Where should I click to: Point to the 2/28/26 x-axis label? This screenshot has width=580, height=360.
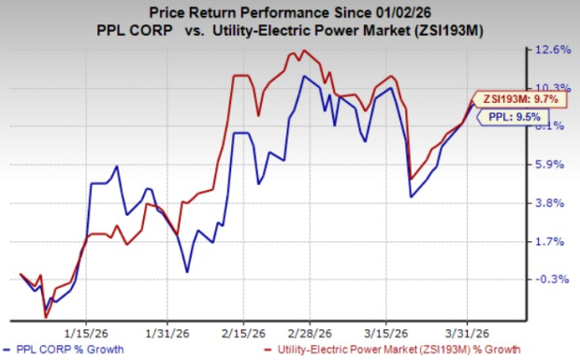coord(304,332)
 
